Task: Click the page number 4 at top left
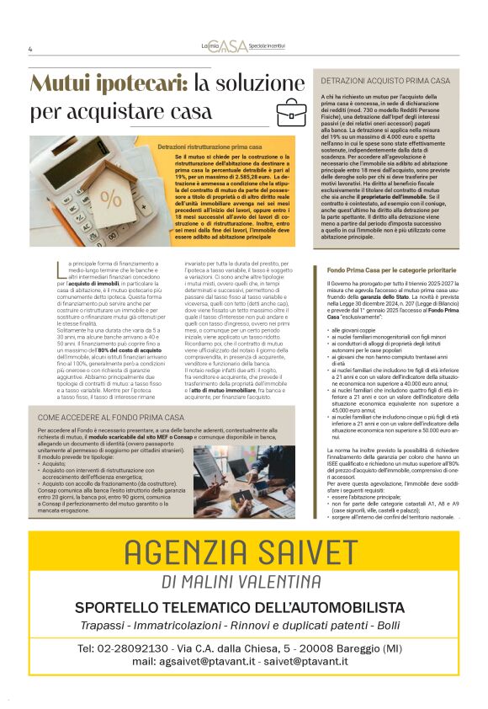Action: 30,49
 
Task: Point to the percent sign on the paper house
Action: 110,199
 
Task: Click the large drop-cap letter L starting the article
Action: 60,270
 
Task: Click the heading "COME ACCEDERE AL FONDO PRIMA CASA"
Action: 110,417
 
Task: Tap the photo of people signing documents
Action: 243,481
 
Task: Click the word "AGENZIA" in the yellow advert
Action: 181,553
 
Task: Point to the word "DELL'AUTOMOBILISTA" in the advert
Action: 322,607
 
